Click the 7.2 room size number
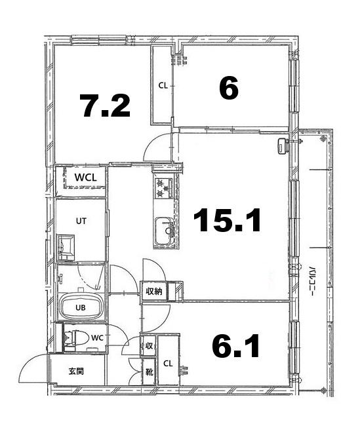(105, 105)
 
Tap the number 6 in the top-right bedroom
(229, 87)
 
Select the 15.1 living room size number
(227, 220)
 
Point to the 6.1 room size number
(236, 346)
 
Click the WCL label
(85, 178)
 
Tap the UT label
(81, 221)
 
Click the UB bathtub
(81, 307)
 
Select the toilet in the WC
(76, 337)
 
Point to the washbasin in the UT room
(66, 248)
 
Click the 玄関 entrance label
(77, 372)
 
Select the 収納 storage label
(154, 291)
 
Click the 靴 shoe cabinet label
(149, 372)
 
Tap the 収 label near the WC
(149, 346)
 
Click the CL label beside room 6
(163, 86)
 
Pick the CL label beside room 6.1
(168, 364)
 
